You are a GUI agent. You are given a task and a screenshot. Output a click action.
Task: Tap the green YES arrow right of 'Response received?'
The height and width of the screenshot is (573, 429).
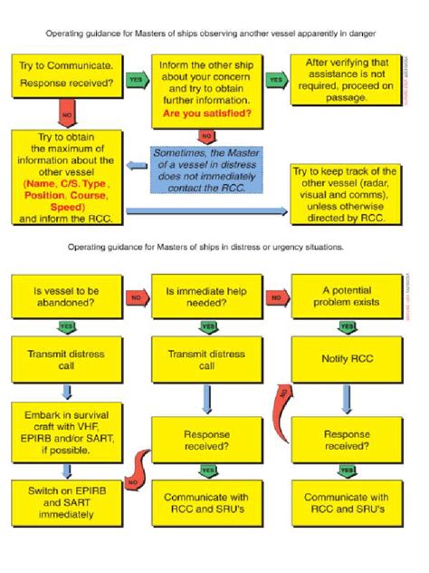click(x=137, y=80)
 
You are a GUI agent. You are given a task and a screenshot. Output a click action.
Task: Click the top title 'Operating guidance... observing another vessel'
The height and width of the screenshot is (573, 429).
click(x=214, y=34)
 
